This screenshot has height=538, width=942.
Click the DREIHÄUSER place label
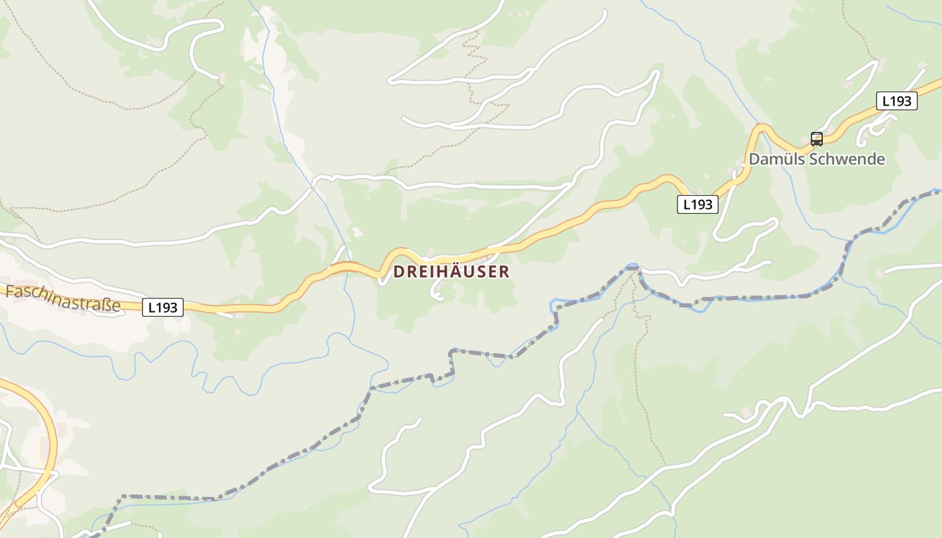[x=451, y=272]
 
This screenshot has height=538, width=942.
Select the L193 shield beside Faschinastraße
[x=162, y=307]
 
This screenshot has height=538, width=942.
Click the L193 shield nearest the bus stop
[x=897, y=101]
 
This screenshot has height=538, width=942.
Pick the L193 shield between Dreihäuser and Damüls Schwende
[x=697, y=204]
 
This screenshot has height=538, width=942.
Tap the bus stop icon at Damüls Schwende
[x=817, y=139]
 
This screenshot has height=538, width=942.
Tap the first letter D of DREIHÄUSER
[x=398, y=272]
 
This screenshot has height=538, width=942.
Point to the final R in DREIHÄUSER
[x=505, y=272]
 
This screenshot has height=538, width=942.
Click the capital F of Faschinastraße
[x=9, y=291]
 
